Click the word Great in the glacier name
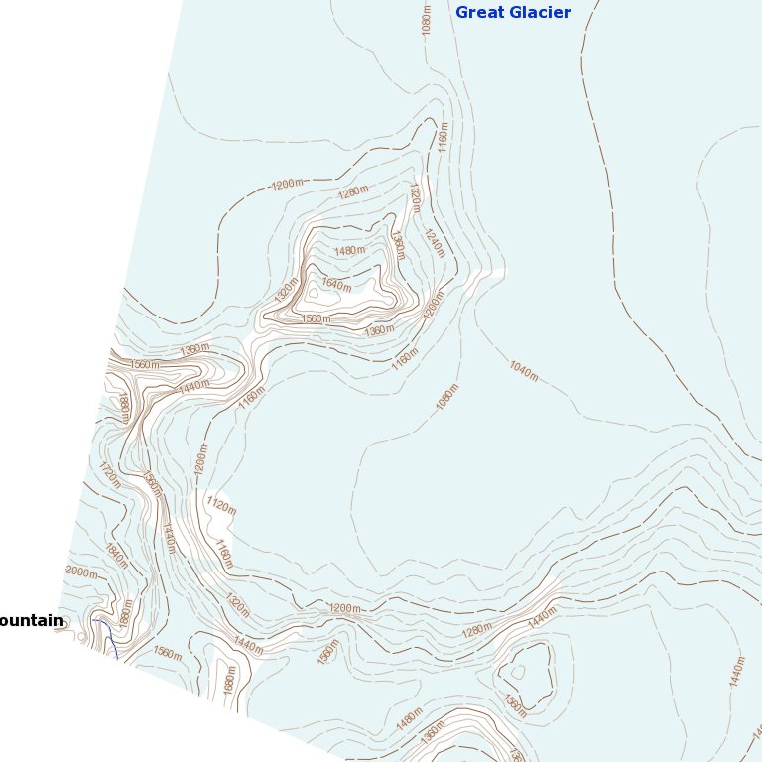coord(481,13)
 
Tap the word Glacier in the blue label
coord(541,13)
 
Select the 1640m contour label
coord(336,285)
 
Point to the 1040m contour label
coord(523,371)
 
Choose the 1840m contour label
coord(116,556)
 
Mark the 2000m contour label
coord(81,571)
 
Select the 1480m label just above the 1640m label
coord(348,251)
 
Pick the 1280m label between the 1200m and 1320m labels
coord(352,192)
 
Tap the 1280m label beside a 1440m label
coord(477,632)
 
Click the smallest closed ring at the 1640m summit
coord(316,292)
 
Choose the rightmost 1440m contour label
coord(737,671)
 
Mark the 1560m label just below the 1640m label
coord(317,318)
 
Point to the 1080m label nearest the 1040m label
coord(447,397)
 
